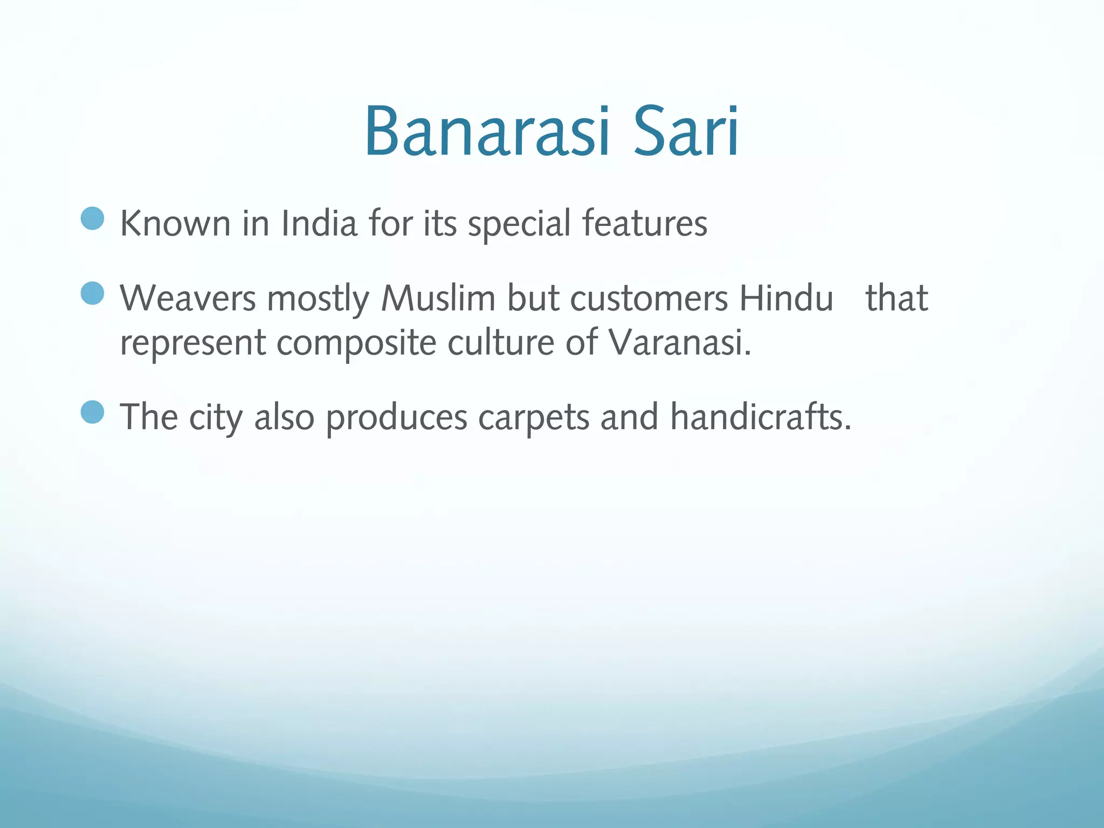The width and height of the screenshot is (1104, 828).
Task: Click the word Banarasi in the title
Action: tap(488, 132)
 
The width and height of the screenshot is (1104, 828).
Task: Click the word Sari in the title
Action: tap(686, 132)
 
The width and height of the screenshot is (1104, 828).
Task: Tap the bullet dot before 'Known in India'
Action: tap(92, 219)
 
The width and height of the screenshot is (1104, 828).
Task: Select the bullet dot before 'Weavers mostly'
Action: tap(92, 294)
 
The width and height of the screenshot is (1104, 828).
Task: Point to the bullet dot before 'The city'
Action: tap(92, 412)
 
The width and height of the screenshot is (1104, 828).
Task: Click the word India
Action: tap(319, 223)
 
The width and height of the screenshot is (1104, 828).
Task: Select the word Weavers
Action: tap(188, 298)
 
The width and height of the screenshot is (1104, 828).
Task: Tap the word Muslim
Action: tap(438, 298)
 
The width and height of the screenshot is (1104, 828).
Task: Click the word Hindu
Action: tap(786, 298)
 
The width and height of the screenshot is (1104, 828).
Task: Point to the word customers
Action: tap(649, 298)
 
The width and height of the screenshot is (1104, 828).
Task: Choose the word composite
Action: tap(356, 343)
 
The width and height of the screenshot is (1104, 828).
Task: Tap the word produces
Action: tap(396, 418)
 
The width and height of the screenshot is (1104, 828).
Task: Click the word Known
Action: tap(175, 223)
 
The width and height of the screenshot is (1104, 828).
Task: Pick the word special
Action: tap(519, 224)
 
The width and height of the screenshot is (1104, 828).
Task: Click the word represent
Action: tap(193, 343)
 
